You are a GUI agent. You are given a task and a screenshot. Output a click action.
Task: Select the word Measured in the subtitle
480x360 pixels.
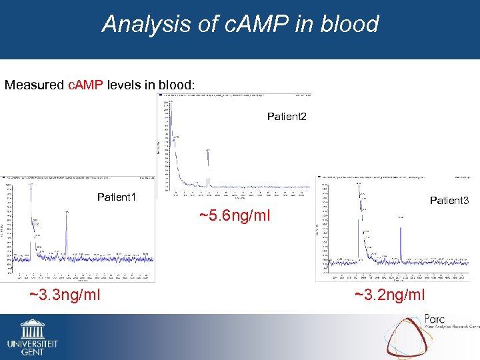pyautogui.click(x=35, y=85)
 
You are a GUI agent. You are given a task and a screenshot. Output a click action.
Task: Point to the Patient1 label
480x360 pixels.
pyautogui.click(x=117, y=197)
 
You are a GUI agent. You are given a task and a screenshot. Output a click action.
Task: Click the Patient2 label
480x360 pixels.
pyautogui.click(x=287, y=117)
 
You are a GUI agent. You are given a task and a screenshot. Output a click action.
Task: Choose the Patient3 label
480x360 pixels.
pyautogui.click(x=449, y=200)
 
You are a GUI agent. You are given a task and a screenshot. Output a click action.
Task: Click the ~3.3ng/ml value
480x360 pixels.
pyautogui.click(x=65, y=294)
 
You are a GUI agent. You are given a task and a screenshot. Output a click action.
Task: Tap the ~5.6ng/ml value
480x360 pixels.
pyautogui.click(x=235, y=215)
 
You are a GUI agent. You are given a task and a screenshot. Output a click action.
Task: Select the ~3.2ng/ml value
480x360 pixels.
pyautogui.click(x=389, y=295)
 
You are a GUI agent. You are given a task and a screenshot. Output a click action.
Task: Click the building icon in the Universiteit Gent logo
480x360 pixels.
pyautogui.click(x=32, y=329)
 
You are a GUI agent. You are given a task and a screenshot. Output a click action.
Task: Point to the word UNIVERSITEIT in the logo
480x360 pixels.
pyautogui.click(x=32, y=343)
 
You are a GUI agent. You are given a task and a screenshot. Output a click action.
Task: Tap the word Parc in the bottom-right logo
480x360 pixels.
pyautogui.click(x=434, y=319)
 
